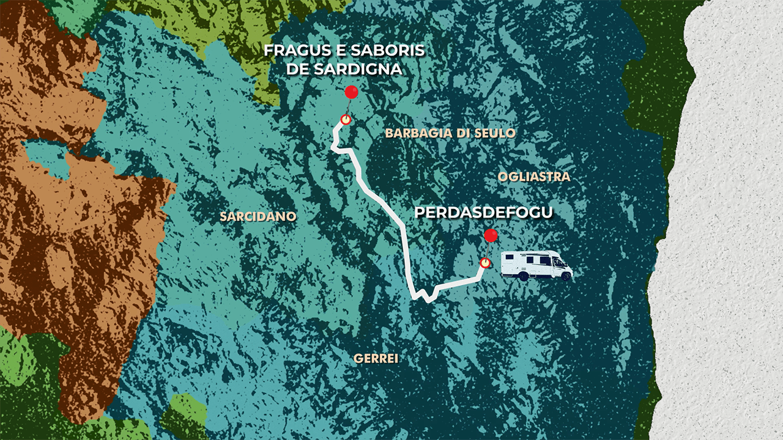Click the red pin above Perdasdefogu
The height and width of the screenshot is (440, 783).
pos(491,236)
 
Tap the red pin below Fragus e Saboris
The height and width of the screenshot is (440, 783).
pos(351,92)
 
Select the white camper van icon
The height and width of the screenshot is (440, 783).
pos(536,265)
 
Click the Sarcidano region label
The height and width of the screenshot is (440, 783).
pos(258,216)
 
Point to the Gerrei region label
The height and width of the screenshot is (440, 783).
pos(376,359)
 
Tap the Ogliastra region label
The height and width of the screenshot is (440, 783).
pos(534,177)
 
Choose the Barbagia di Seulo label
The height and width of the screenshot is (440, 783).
pos(450,133)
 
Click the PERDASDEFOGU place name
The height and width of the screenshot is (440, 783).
pos(484,213)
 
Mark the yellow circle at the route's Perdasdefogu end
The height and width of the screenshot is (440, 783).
pos(485,263)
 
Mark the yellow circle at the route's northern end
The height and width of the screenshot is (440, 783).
pos(346,120)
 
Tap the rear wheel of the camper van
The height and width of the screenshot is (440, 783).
pos(524,276)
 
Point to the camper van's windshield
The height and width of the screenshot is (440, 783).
pos(560,262)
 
